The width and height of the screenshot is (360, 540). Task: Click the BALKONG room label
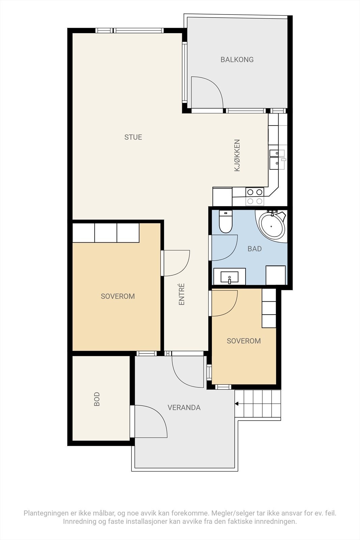(237, 59)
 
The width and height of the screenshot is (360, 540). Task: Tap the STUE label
(133, 137)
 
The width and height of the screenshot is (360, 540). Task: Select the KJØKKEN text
(237, 155)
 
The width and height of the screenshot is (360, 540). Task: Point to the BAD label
(254, 249)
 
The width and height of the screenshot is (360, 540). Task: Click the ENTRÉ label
(182, 294)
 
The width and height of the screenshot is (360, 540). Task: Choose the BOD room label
(96, 399)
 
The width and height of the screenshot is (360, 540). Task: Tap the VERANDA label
(184, 407)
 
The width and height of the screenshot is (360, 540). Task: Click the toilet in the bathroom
(225, 221)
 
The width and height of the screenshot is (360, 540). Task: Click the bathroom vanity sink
(229, 276)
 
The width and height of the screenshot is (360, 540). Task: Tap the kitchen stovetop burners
(255, 196)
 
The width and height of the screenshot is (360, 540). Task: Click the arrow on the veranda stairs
(236, 404)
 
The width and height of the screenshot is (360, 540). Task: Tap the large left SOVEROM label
(118, 296)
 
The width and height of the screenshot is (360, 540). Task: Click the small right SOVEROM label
(244, 341)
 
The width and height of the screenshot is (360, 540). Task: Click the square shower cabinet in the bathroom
(275, 275)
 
